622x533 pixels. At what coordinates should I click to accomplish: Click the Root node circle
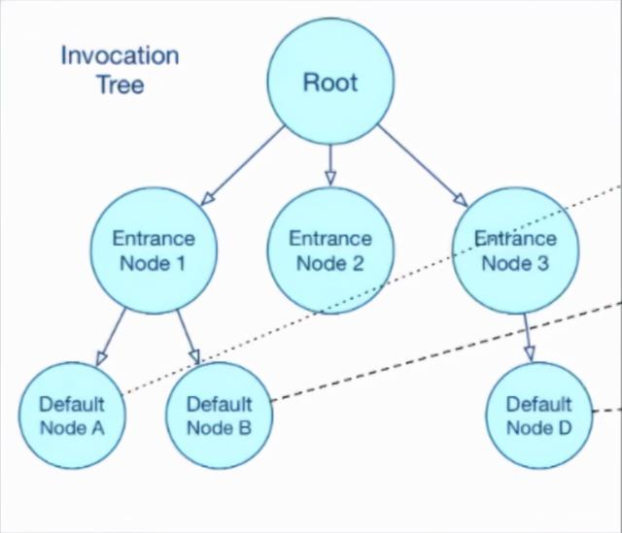coord(330,82)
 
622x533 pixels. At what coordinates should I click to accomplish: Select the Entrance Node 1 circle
coord(153,250)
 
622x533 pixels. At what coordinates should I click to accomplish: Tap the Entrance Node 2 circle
coord(329,250)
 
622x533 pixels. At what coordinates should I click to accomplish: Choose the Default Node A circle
coord(71,415)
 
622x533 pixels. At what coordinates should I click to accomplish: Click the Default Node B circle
coord(219,415)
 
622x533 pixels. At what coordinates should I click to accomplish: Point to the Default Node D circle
coord(538,415)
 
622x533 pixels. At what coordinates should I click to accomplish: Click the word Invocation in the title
coord(120,54)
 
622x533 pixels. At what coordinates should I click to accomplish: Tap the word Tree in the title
coord(120,84)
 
